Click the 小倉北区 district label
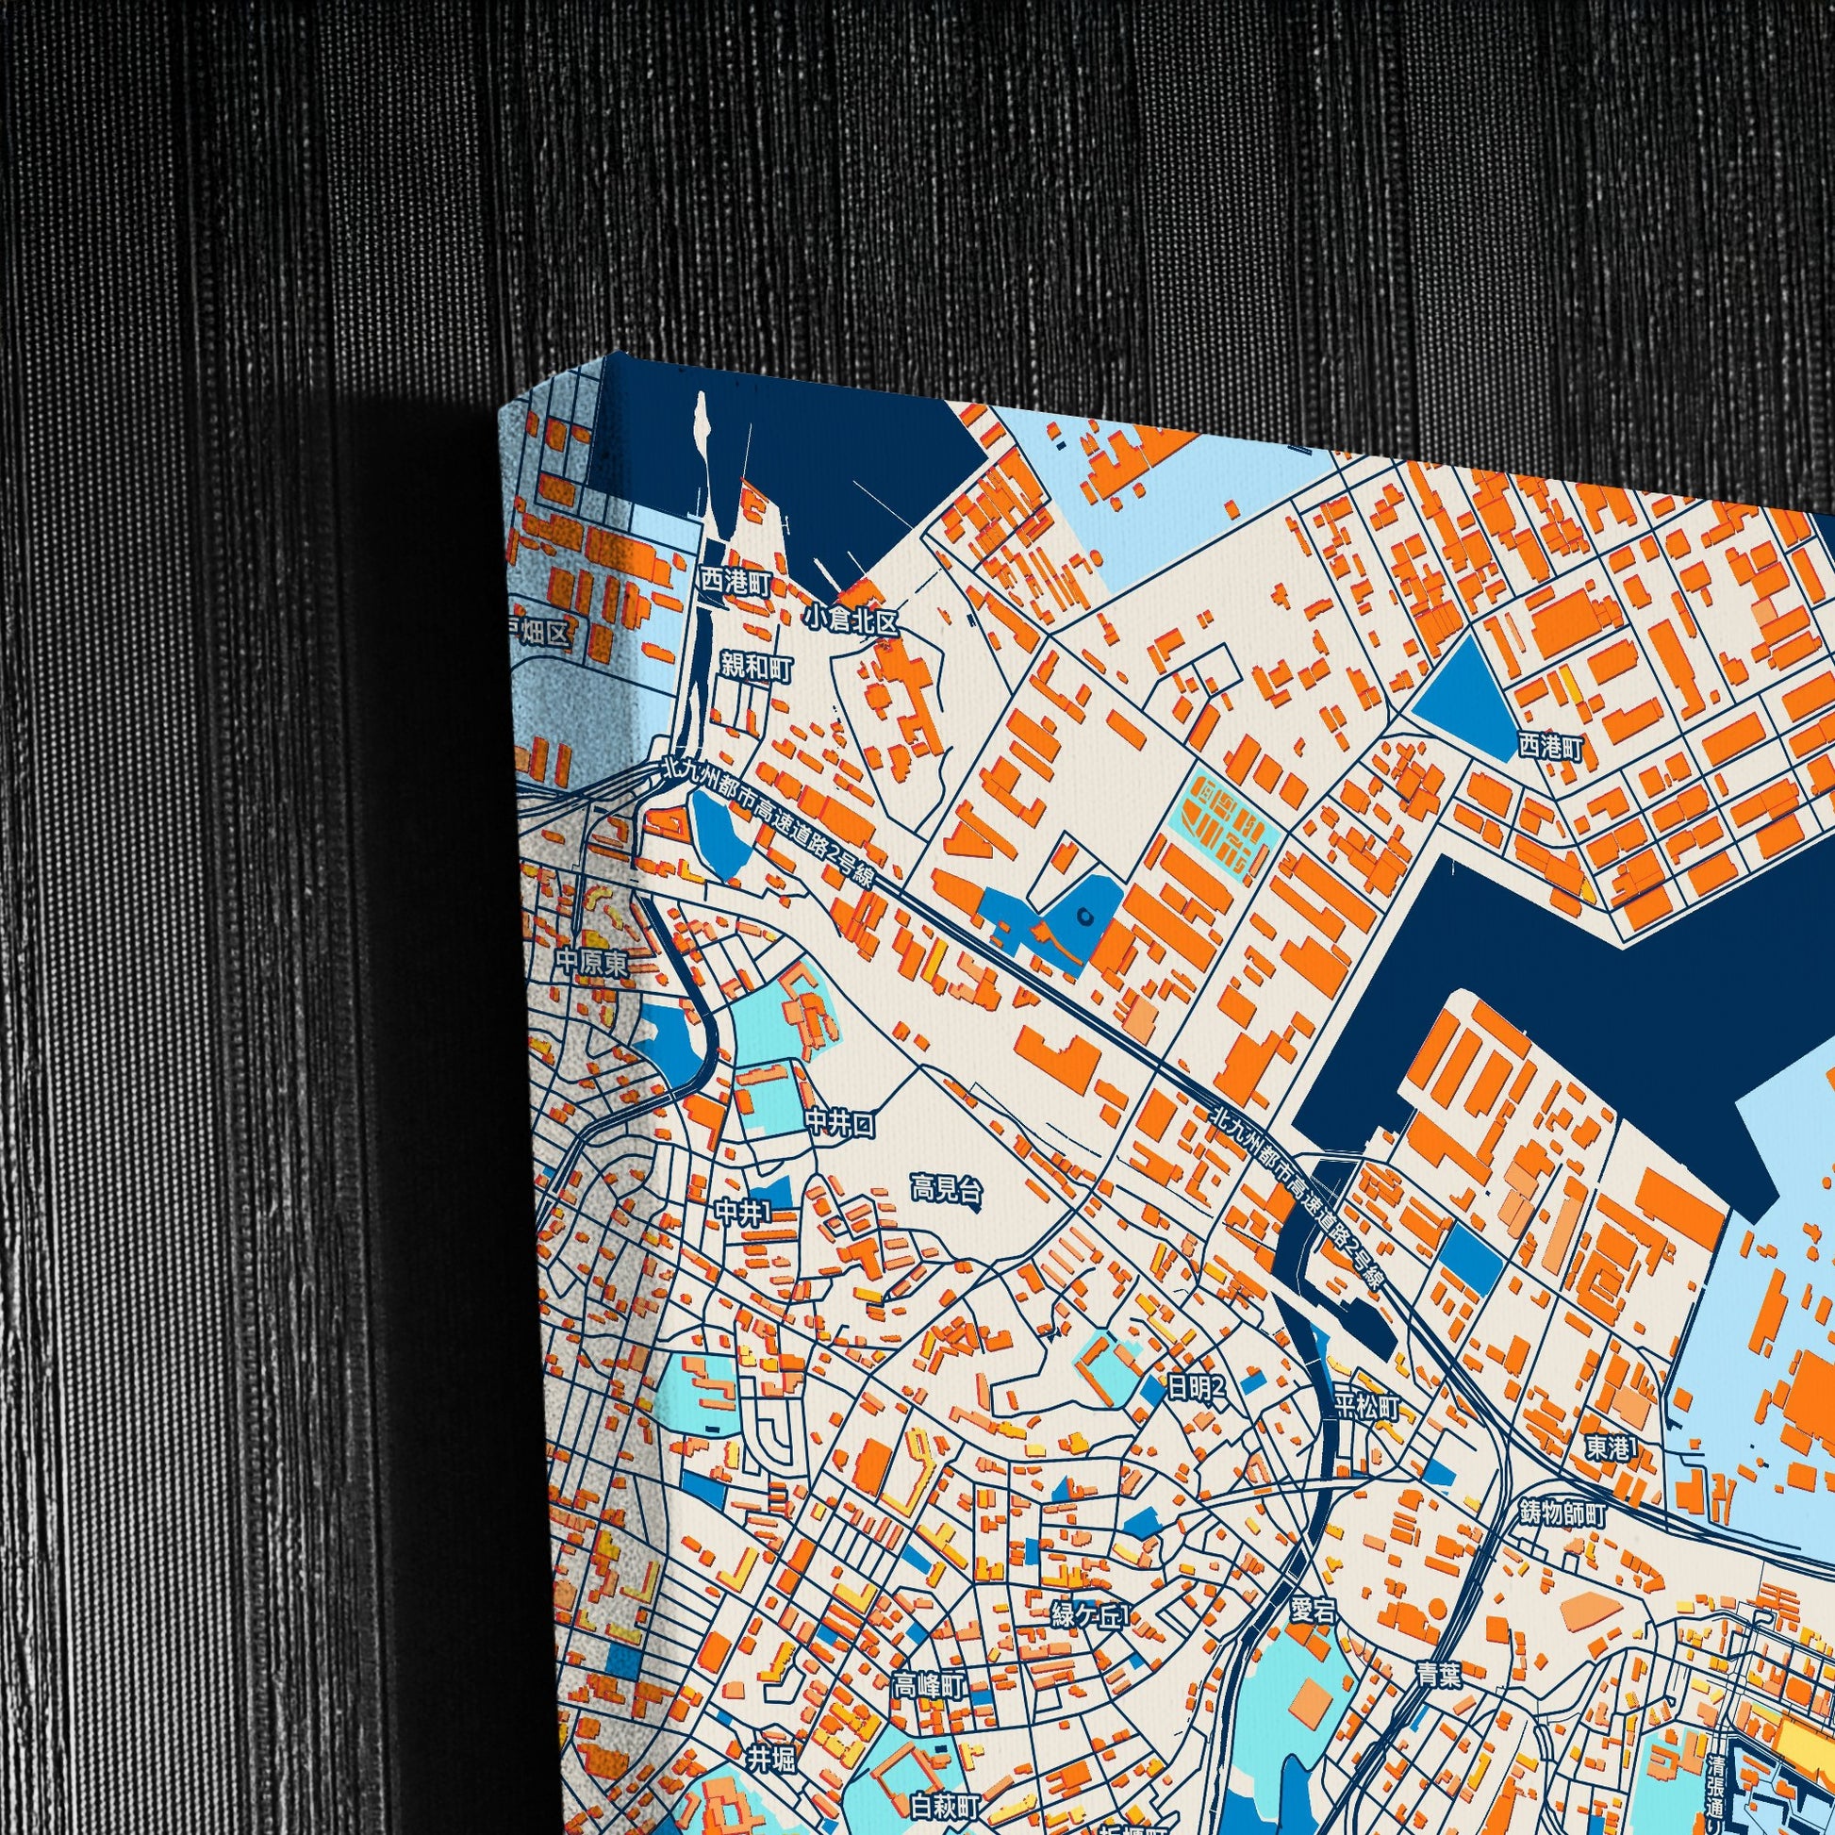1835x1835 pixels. coord(850,620)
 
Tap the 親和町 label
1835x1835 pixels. coord(756,667)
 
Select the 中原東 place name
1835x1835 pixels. coord(592,964)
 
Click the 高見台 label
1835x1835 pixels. coord(946,1188)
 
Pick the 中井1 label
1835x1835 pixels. coord(744,1212)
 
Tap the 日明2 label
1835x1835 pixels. coord(1197,1389)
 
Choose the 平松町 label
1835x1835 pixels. coord(1367,1408)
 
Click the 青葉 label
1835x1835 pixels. coord(1437,1675)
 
